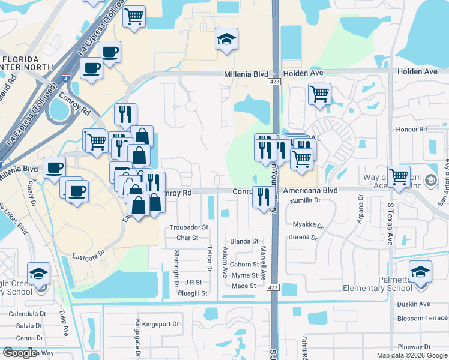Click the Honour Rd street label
tap(411, 129)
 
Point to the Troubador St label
tap(188, 227)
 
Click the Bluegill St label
tap(192, 293)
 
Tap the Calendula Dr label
tap(27, 314)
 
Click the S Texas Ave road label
tap(390, 224)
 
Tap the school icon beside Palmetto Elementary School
tap(420, 272)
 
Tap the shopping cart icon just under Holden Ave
tap(319, 93)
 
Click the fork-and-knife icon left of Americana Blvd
tap(262, 197)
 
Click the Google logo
tap(20, 353)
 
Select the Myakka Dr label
tap(308, 226)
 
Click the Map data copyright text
tap(411, 355)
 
